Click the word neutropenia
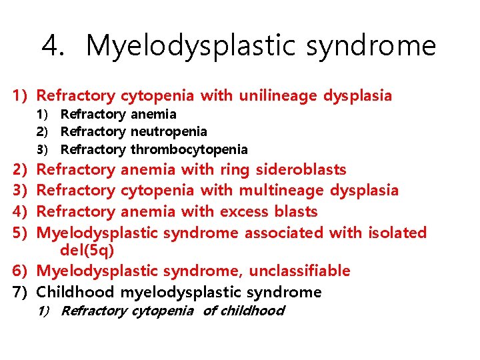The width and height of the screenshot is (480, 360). [x=169, y=132]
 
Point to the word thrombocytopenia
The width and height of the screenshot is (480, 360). [x=189, y=149]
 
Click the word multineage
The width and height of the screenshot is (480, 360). [x=281, y=191]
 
